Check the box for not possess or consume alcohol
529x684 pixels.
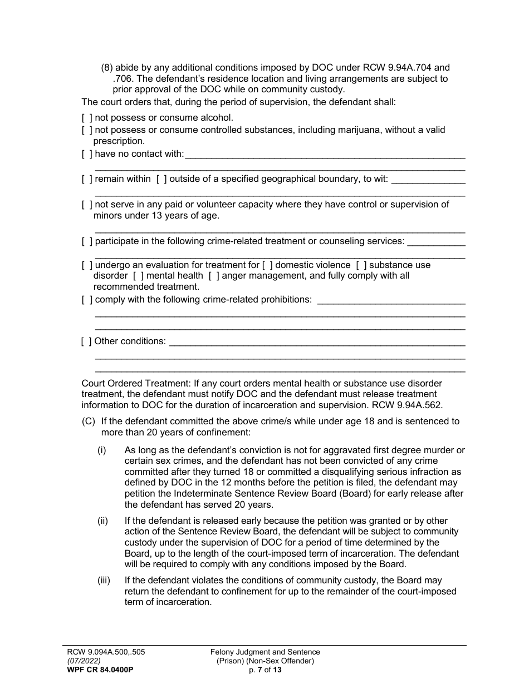87,118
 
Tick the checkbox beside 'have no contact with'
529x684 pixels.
87,154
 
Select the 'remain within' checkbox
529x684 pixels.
87,179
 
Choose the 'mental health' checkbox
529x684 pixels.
138,276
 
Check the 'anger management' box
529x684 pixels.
214,276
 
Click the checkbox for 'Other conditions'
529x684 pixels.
86,341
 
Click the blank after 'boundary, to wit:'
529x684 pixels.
428,180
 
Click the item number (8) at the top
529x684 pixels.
107,68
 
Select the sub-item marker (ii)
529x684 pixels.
102,521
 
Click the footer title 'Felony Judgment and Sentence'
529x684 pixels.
265,652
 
